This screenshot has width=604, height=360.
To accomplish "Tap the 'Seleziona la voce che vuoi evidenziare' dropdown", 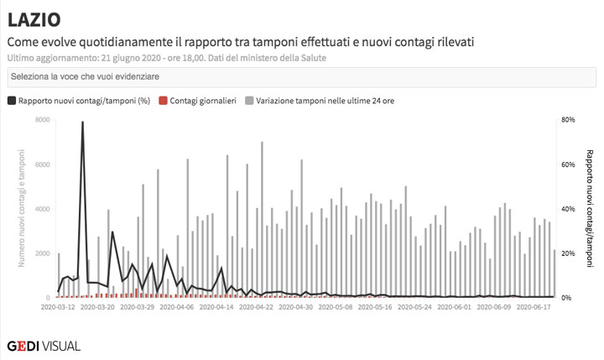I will [301, 76].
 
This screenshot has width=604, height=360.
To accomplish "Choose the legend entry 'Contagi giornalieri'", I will [202, 101].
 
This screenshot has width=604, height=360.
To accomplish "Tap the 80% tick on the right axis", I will [568, 120].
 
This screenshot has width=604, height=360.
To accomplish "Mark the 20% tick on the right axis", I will [568, 253].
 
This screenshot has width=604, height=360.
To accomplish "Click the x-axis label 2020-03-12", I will [58, 307].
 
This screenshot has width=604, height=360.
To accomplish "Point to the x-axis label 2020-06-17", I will [534, 307].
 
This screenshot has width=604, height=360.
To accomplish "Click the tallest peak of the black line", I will [82, 123].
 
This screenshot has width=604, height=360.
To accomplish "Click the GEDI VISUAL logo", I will [44, 345].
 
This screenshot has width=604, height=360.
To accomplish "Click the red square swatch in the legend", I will [164, 101].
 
